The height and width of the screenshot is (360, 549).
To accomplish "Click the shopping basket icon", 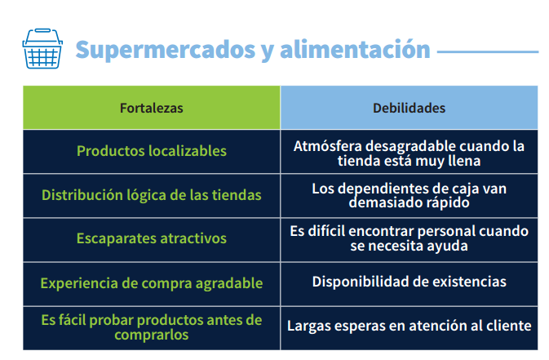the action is point(42,48).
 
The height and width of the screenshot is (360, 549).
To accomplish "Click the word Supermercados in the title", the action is point(166,50).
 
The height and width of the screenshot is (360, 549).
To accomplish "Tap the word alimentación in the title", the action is point(355,49).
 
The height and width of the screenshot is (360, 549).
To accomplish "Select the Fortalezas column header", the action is point(152,108).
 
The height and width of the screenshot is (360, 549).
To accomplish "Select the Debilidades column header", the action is point(409,108).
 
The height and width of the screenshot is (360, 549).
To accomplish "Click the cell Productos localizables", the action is point(152,152).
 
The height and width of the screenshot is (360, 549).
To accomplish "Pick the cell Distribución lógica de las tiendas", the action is point(152,196).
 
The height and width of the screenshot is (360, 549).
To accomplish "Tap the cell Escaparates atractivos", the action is point(152,240).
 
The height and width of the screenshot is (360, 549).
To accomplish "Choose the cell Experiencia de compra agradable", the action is point(152,284).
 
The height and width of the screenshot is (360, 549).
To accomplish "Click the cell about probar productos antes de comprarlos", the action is point(152,328).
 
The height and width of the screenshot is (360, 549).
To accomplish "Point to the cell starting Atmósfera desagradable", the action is point(409,152).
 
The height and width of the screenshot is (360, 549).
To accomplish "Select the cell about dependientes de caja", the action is point(409,196).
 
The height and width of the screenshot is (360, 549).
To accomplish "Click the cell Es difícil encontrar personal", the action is point(409,240).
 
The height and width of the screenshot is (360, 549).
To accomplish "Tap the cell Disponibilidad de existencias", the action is point(409,284).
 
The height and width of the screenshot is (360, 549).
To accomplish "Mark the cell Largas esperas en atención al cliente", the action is point(409,328).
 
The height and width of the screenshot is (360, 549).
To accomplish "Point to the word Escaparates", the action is point(116,238).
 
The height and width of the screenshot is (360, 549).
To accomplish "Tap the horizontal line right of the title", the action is point(488,52).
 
